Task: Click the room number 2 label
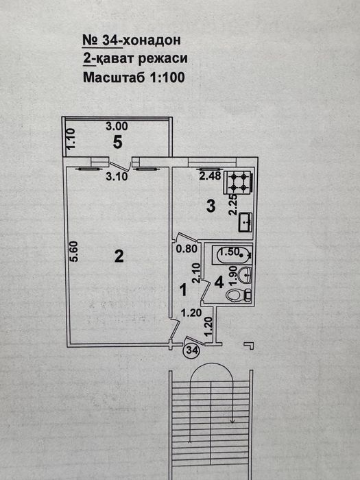(x=119, y=256)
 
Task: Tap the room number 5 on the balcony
(x=117, y=142)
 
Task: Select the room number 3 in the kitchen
(x=212, y=205)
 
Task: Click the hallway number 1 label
(x=183, y=290)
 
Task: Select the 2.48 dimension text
(x=210, y=176)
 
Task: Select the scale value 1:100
(x=164, y=77)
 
